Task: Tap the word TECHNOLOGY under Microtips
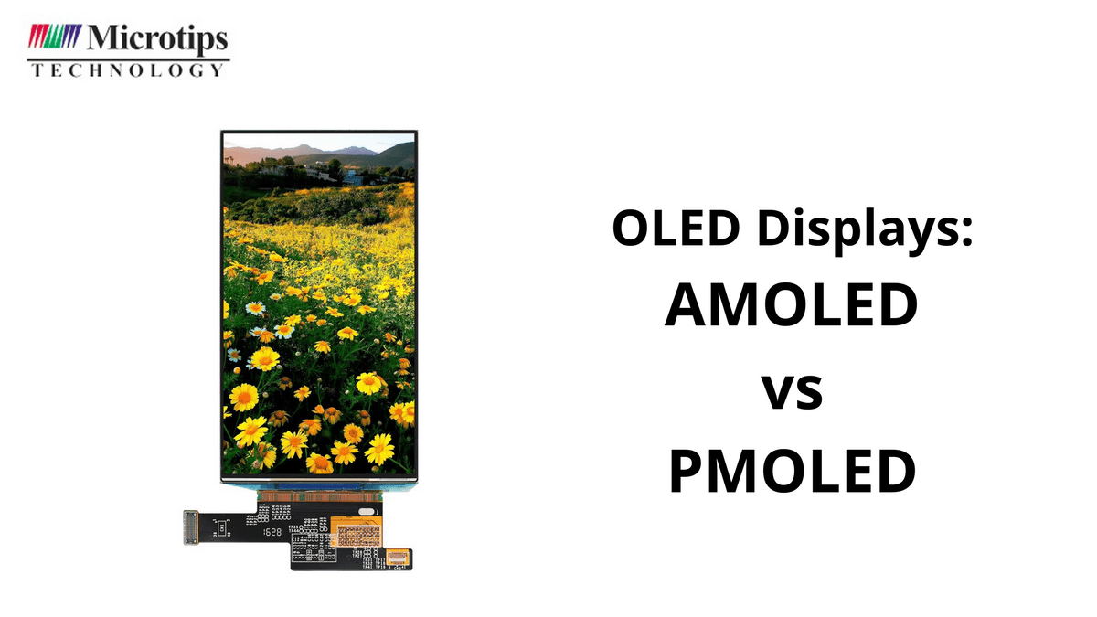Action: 127,69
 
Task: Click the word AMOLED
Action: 791,306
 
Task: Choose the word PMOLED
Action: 792,471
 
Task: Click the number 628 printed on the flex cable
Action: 273,531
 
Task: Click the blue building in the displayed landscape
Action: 352,176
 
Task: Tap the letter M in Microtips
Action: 101,38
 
